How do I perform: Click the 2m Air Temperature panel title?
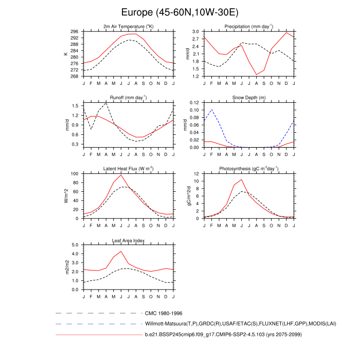[x=129, y=26]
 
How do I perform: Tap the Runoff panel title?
[x=129, y=97]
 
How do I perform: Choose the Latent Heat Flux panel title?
[x=129, y=169]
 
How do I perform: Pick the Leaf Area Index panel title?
[x=129, y=240]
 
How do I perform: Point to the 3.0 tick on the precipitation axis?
[x=196, y=31]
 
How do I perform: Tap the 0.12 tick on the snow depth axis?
[x=195, y=103]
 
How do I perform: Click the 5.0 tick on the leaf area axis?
[x=76, y=245]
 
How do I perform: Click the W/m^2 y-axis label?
[x=66, y=196]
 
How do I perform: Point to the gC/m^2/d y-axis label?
[x=188, y=196]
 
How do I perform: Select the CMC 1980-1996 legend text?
[x=164, y=313]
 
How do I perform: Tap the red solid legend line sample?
[x=98, y=335]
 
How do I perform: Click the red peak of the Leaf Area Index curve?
[x=121, y=251]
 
